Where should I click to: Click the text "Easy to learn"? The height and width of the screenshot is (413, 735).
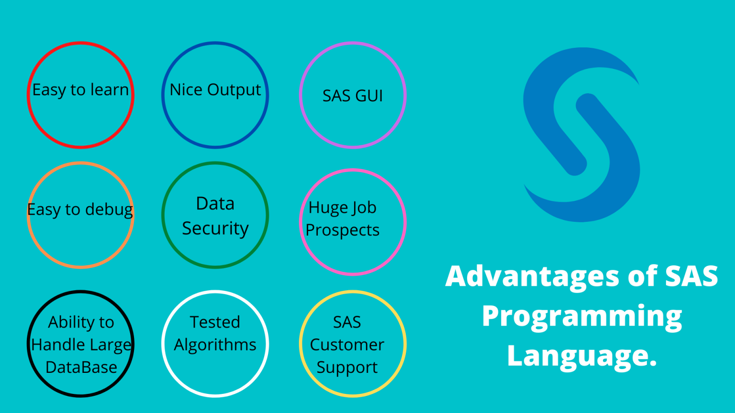tap(80, 90)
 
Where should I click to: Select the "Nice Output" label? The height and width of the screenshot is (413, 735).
tap(215, 90)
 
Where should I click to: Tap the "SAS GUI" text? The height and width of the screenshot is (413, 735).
tap(353, 96)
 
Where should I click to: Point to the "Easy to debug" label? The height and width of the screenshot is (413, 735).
tap(80, 209)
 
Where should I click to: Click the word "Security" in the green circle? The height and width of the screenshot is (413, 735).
tap(215, 228)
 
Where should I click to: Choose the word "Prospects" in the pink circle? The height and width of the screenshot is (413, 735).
tap(343, 230)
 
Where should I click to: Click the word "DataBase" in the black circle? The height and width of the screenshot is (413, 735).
tap(81, 367)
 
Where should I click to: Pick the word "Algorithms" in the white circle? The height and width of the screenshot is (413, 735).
tap(215, 345)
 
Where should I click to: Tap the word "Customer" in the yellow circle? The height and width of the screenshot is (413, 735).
tap(347, 345)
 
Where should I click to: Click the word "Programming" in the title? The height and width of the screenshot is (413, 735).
tap(582, 316)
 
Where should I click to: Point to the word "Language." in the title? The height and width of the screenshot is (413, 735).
tap(582, 356)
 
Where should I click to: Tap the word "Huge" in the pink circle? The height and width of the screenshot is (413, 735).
tap(324, 208)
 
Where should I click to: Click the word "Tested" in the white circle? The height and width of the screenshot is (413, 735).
tap(215, 322)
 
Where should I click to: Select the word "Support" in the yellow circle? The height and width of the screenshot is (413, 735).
tap(347, 368)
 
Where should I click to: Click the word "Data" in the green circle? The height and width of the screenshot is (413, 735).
tap(215, 204)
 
